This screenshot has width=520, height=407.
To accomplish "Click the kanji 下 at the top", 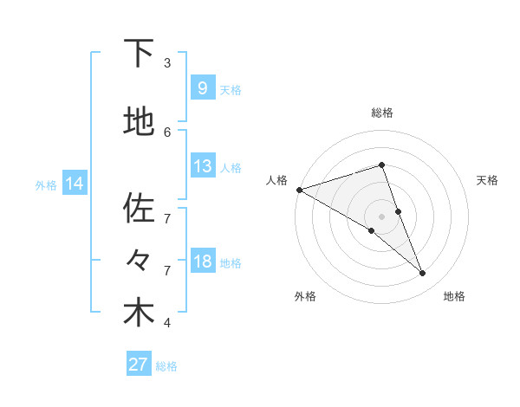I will [139, 54].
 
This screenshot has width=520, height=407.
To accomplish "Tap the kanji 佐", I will [139, 209].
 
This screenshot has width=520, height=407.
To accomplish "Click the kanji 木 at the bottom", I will [139, 313].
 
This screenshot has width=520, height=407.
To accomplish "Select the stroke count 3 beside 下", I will [167, 62].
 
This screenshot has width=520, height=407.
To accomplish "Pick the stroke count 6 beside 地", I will [167, 132].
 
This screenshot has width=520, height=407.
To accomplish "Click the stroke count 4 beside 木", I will [167, 323].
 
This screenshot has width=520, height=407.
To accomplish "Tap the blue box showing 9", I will [202, 88].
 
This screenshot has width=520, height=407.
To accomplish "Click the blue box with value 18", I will [202, 262].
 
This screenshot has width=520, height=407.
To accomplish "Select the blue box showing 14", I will [75, 184].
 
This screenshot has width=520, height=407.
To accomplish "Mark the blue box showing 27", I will [139, 365].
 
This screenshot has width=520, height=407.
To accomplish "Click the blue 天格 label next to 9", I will [231, 90].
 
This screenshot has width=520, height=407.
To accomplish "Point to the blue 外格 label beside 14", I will [46, 184].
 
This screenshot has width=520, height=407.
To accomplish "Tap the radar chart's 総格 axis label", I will [381, 113].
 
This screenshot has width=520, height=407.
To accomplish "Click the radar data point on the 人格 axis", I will [299, 189].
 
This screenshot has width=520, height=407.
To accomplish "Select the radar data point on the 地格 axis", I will [423, 274].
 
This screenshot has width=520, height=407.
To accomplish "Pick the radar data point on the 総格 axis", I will [381, 165].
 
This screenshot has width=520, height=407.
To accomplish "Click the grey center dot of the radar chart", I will [381, 216].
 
